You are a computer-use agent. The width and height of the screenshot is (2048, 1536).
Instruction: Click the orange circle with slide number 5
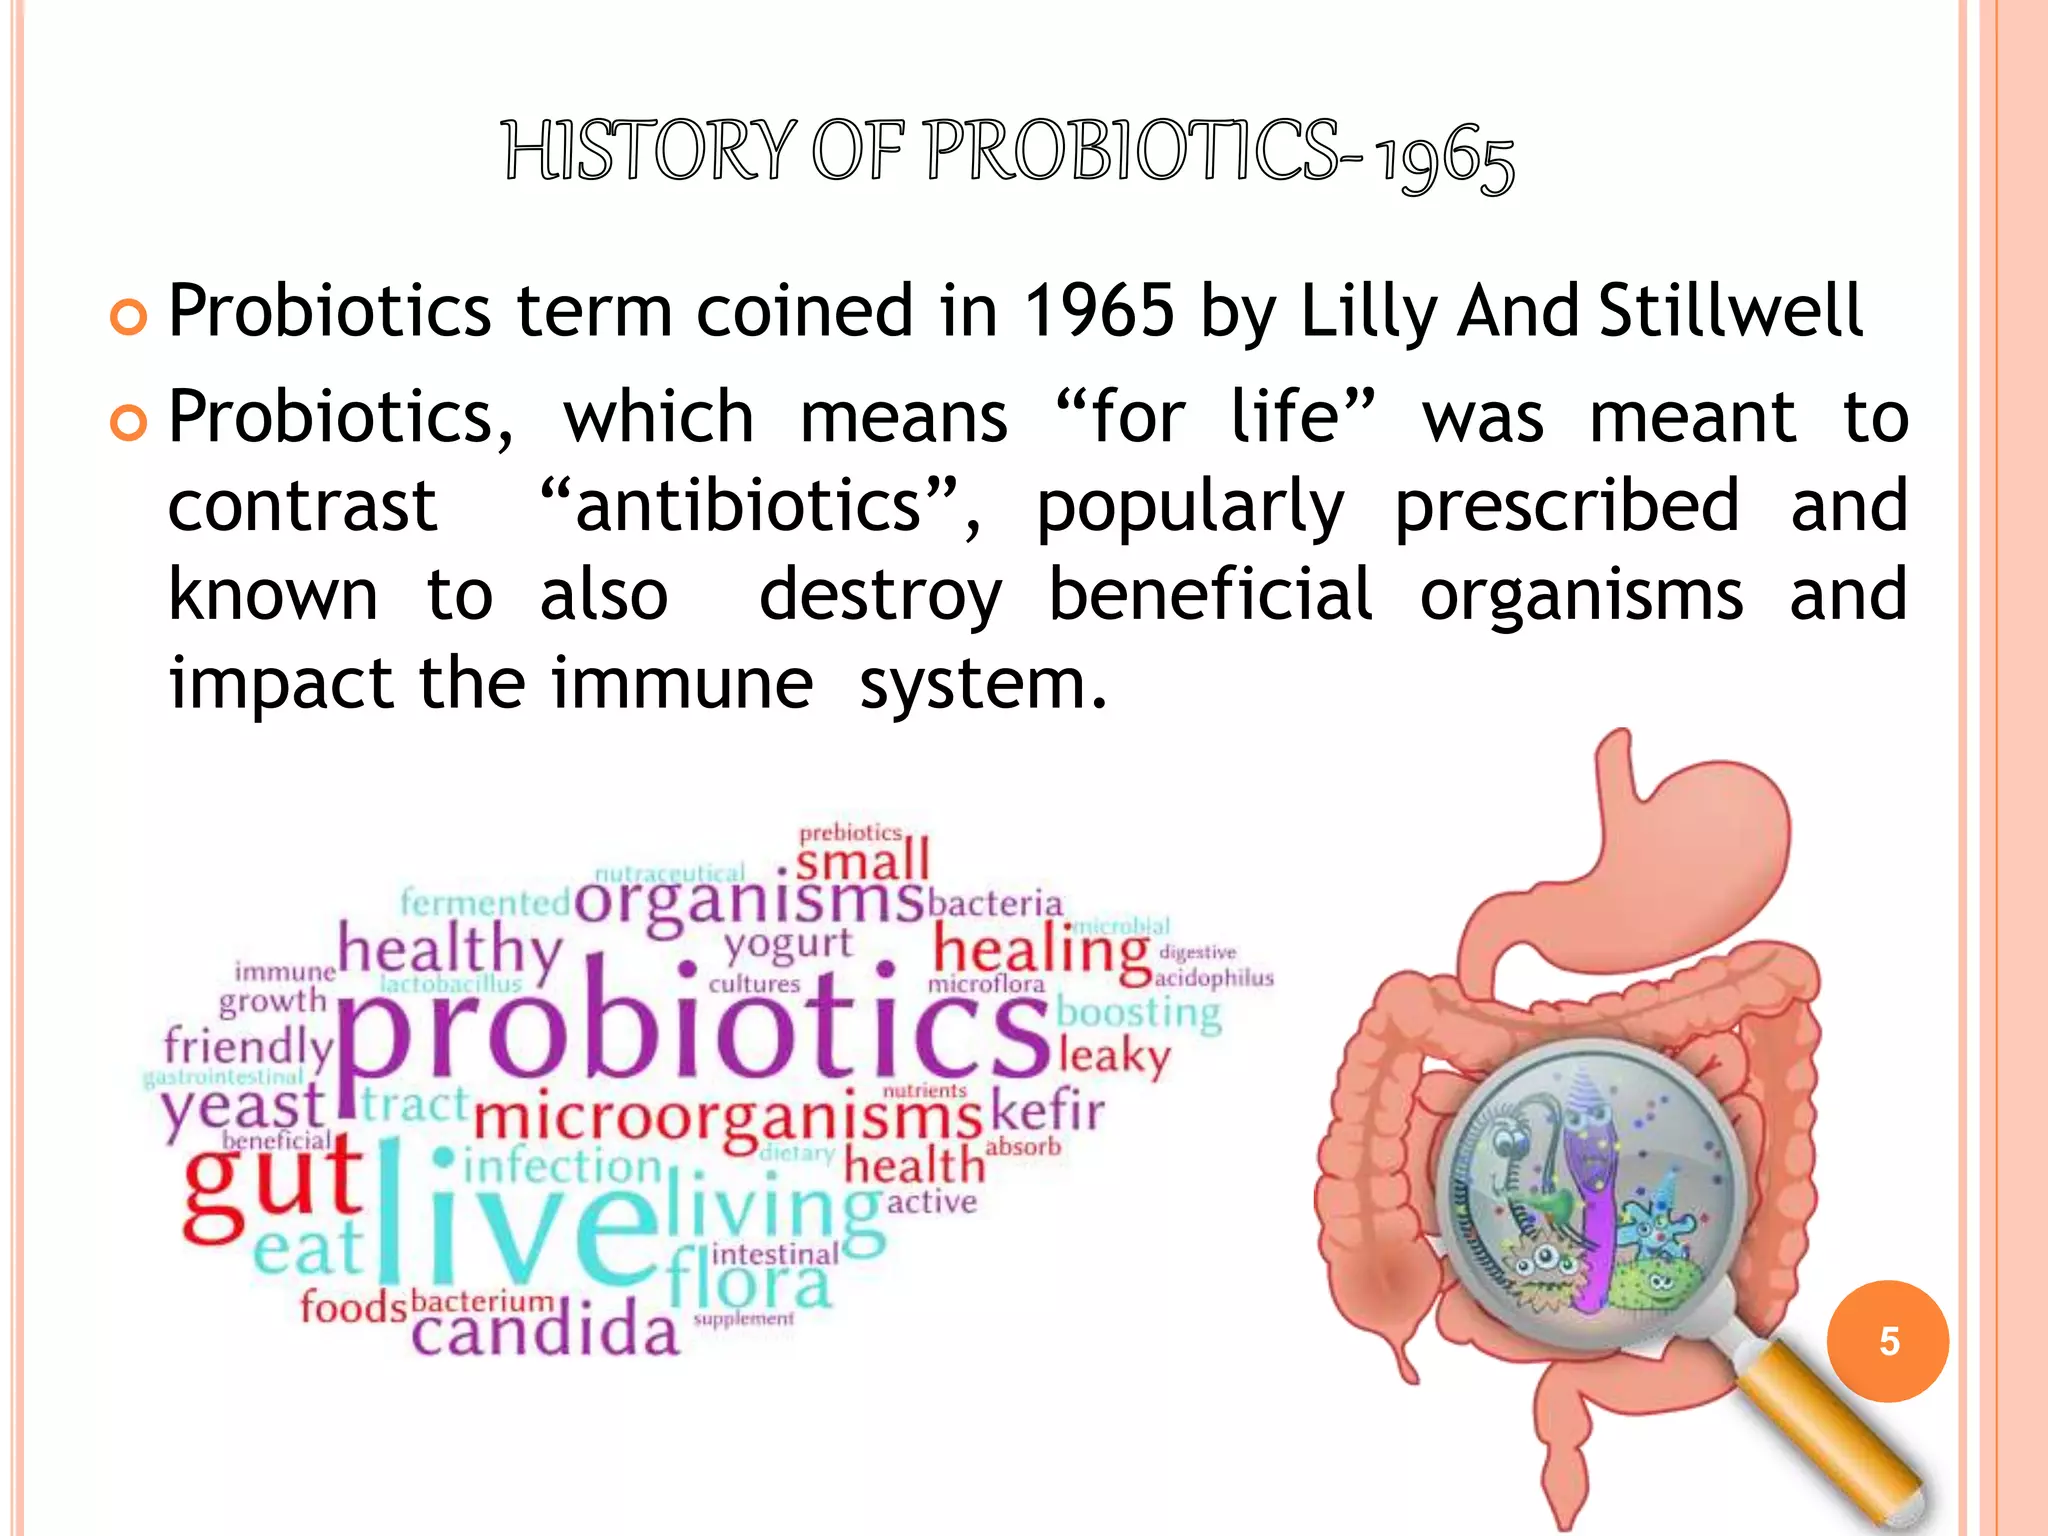(x=1887, y=1341)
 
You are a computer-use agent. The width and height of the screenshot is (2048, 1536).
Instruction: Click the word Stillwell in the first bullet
(x=1731, y=310)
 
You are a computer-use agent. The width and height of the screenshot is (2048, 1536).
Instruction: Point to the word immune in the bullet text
(x=681, y=684)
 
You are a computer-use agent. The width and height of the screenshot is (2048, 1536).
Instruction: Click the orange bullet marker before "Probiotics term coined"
(x=129, y=317)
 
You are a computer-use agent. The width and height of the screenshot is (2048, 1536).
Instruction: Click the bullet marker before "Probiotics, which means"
(x=129, y=423)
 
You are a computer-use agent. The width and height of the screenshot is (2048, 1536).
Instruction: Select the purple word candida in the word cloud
(x=545, y=1331)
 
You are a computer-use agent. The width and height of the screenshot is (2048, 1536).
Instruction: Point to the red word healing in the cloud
(x=1040, y=949)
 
